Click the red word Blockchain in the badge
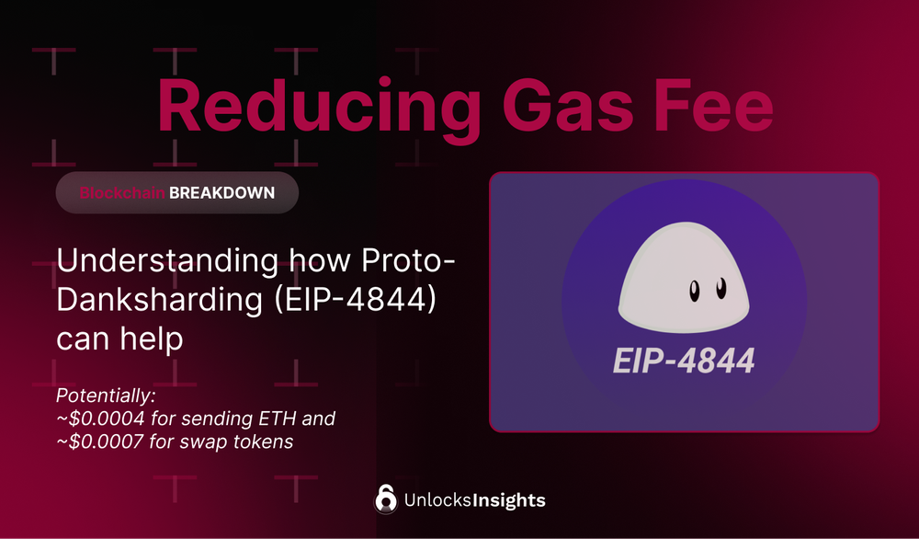point(122,194)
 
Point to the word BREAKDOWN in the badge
point(221,194)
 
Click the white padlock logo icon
point(386,499)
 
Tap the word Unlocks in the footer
point(437,501)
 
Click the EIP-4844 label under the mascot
point(683,360)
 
